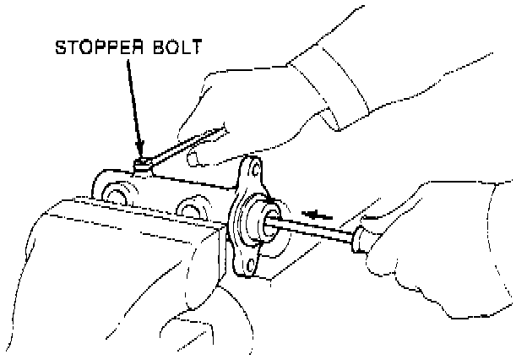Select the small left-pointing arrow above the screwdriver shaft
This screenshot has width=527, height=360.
[x=317, y=215]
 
